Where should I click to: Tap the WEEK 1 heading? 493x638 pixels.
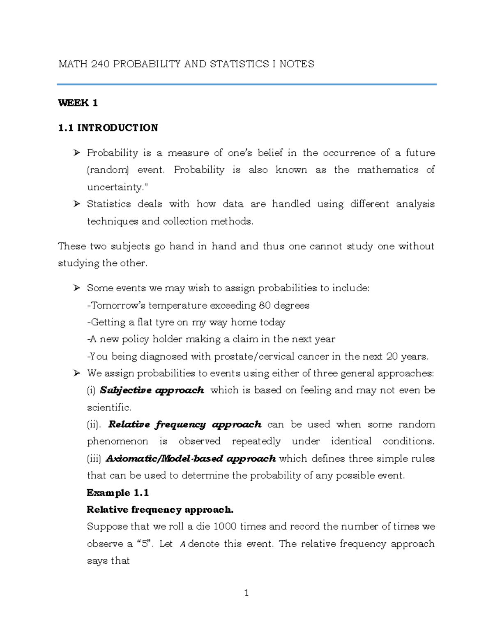78,103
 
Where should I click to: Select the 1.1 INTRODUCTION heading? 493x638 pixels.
108,128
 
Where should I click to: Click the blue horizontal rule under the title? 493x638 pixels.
246,85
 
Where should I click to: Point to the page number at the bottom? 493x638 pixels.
246,593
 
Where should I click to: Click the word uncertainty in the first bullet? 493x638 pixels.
117,187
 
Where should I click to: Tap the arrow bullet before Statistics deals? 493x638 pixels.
76,204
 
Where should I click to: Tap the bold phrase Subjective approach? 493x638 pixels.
152,390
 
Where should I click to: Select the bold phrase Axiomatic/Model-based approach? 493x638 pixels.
191,458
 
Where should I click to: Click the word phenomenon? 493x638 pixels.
117,442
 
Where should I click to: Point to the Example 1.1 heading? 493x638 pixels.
117,493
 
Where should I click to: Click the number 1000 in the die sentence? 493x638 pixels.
225,527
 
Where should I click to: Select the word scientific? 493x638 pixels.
108,408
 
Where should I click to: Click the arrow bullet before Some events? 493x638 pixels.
76,288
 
